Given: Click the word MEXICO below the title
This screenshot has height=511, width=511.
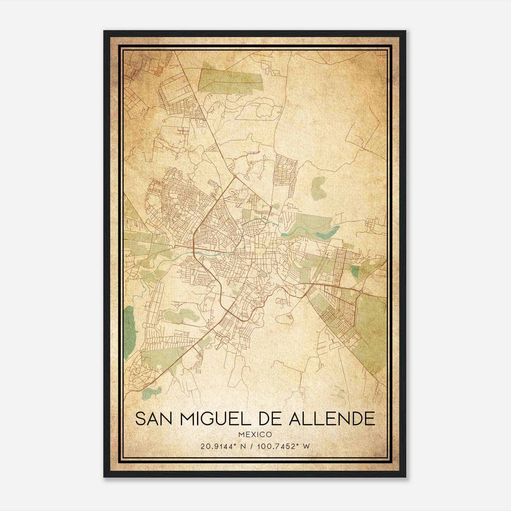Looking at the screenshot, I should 255,434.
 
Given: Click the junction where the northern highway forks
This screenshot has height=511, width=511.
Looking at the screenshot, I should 235,176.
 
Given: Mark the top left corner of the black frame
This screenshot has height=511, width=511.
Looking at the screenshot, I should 104,31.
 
